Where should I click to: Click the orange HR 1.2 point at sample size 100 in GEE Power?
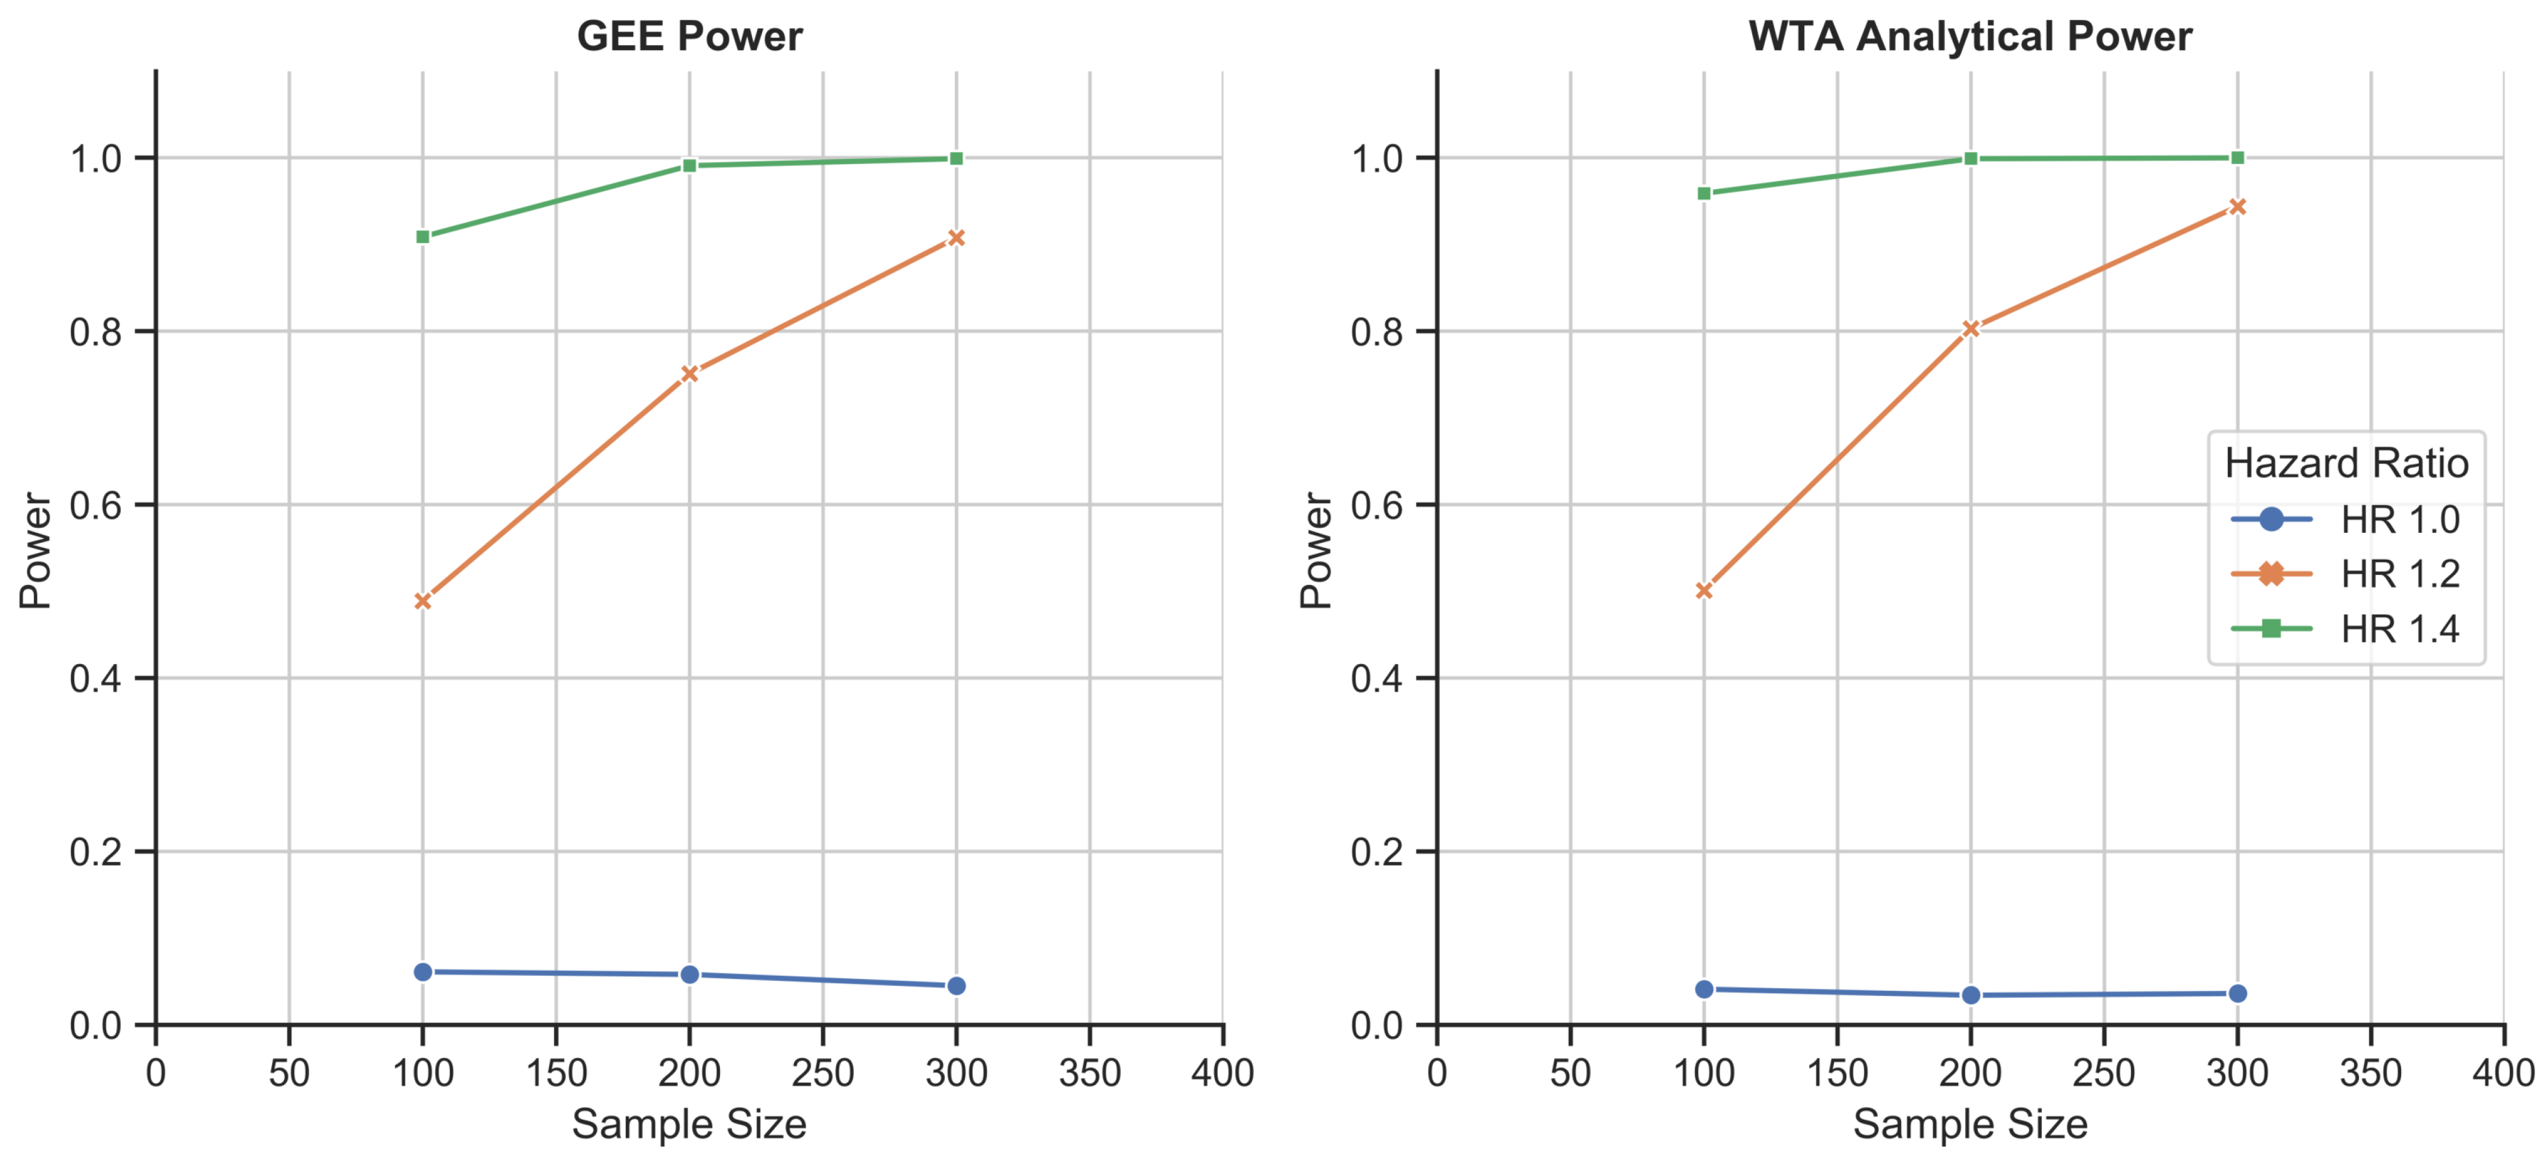click(423, 601)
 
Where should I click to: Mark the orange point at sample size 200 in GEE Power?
click(690, 373)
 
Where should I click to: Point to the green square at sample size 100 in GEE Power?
click(423, 237)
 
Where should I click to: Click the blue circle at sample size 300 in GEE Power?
click(956, 986)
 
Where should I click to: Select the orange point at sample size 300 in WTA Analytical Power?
click(2238, 207)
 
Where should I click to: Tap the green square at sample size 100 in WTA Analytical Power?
click(1704, 194)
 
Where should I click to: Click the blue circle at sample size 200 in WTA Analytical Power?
click(1971, 995)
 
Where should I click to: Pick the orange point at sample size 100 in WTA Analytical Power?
click(1704, 591)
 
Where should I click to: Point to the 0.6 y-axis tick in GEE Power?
click(96, 505)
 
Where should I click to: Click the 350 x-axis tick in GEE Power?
click(1090, 1073)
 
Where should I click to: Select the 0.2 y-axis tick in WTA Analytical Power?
click(1377, 852)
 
